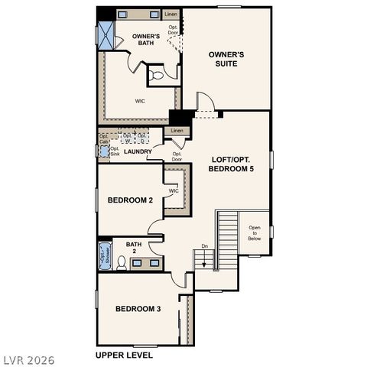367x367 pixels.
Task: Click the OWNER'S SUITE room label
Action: click(226, 59)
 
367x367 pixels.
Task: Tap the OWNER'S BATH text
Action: click(145, 40)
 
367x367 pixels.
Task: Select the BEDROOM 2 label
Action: click(130, 200)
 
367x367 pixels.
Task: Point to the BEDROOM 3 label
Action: click(138, 309)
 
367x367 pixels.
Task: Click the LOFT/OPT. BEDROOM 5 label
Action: click(232, 164)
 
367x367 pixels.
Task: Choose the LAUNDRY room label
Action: click(138, 151)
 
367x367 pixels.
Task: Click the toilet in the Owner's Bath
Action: click(156, 75)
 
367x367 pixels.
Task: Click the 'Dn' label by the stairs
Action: click(204, 245)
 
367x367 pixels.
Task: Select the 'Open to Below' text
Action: click(254, 233)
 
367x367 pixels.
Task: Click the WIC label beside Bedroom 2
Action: click(174, 191)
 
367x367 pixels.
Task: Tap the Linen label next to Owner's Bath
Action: click(172, 15)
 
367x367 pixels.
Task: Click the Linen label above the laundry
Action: click(177, 131)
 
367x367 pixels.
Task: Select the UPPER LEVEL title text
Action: click(124, 355)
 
